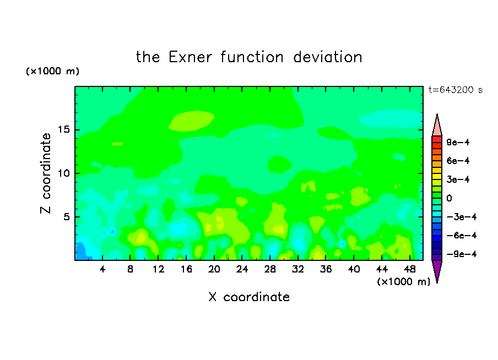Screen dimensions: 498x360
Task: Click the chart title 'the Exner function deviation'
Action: tap(249, 57)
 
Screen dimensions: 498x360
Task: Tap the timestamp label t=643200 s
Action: tap(456, 90)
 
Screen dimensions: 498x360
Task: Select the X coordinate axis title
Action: tap(249, 297)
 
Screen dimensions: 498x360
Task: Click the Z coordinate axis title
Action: tap(46, 173)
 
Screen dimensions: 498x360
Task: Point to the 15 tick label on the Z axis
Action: tap(63, 129)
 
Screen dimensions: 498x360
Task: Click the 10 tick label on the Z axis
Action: tap(63, 173)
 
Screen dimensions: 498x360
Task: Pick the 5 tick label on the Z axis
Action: tap(66, 217)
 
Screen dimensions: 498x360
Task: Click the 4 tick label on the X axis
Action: tap(102, 269)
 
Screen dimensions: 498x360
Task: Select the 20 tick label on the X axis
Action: tap(214, 269)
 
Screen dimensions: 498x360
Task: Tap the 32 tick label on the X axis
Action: tap(298, 269)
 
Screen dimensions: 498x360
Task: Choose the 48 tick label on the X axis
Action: tap(410, 269)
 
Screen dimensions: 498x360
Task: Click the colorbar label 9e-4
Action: tap(458, 142)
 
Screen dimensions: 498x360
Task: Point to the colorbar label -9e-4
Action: tap(462, 254)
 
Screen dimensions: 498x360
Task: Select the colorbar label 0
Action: tap(449, 198)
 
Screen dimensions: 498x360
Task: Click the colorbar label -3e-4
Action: tap(462, 217)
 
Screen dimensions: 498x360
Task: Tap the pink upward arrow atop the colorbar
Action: tap(437, 126)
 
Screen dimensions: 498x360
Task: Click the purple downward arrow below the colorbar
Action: tap(437, 271)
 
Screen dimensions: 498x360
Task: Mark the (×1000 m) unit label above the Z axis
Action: tap(52, 71)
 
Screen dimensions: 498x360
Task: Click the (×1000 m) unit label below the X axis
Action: tap(403, 282)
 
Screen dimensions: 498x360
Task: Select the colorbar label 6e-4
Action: tap(458, 161)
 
